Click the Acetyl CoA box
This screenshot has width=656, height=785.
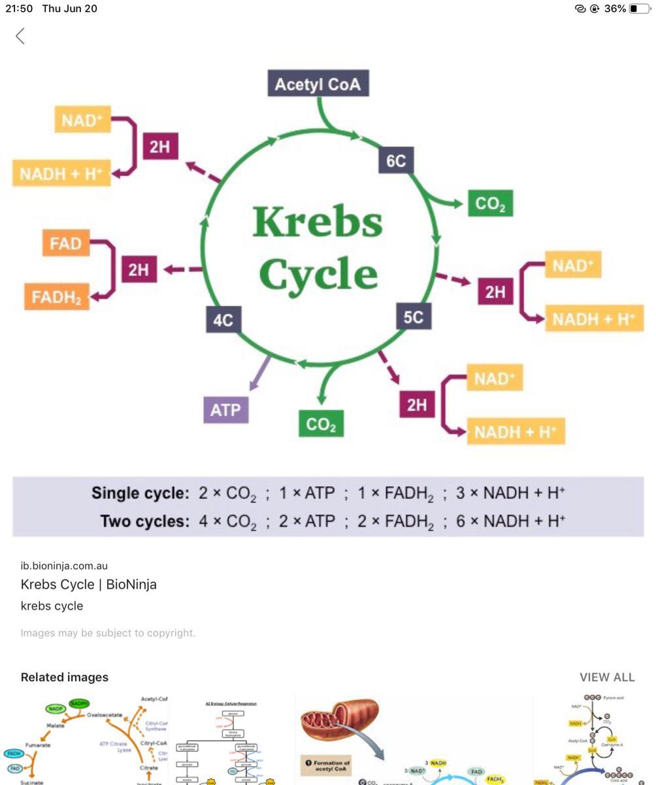318,84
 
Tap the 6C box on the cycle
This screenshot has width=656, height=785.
396,160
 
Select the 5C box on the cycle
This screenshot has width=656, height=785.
413,317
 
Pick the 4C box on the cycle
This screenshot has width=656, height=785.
223,320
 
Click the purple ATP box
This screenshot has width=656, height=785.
225,410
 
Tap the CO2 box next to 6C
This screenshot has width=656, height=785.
490,203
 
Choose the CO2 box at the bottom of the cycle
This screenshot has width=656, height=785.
321,424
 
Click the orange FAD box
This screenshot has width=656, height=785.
65,243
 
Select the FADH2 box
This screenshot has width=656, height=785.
57,297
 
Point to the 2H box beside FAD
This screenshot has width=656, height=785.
139,269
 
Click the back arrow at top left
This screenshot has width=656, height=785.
20,36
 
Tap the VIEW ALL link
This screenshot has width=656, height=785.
606,677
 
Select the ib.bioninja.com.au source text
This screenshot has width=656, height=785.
64,566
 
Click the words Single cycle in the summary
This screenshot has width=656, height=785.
140,493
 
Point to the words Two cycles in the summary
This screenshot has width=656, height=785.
144,521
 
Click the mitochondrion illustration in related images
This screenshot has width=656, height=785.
340,720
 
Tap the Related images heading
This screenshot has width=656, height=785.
65,677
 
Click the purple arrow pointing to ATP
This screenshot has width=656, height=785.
260,372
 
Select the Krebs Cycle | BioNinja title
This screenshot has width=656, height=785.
88,584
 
